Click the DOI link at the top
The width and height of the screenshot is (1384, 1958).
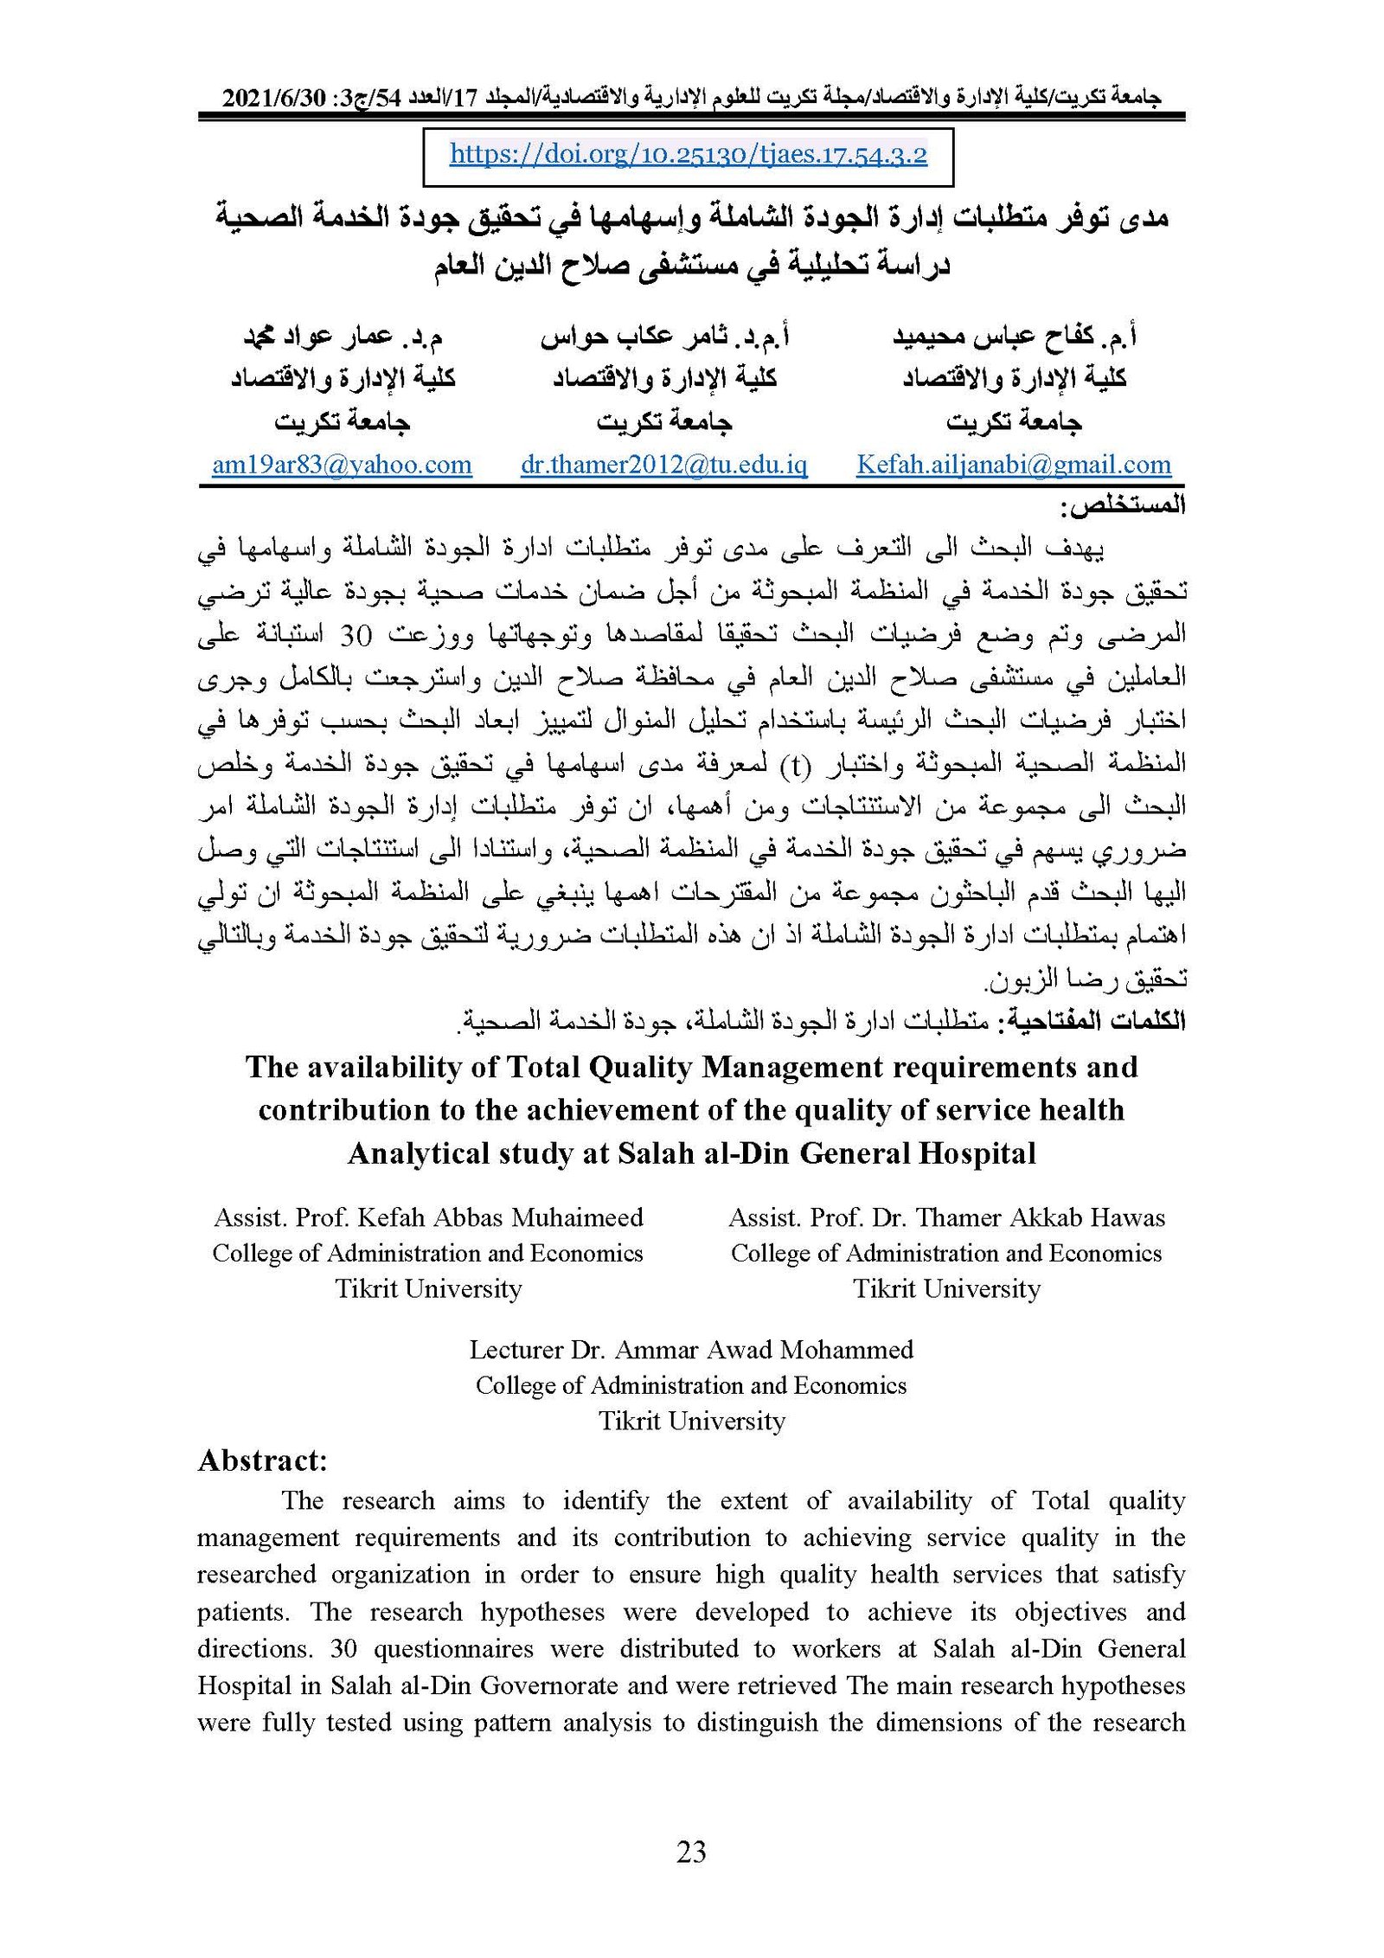pyautogui.click(x=688, y=155)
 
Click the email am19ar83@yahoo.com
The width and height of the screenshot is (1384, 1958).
pyautogui.click(x=342, y=465)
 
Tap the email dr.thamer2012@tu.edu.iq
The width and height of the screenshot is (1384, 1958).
pyautogui.click(x=663, y=465)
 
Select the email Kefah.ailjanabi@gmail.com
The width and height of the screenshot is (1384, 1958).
pyautogui.click(x=1013, y=465)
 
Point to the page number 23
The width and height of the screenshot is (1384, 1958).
pyautogui.click(x=691, y=1852)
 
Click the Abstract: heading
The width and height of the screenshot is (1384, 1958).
pyautogui.click(x=262, y=1460)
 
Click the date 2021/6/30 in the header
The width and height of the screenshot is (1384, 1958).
pyautogui.click(x=272, y=98)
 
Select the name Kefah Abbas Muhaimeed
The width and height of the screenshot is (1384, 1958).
pyautogui.click(x=500, y=1217)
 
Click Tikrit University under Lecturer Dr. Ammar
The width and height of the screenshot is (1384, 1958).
pyautogui.click(x=691, y=1421)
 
